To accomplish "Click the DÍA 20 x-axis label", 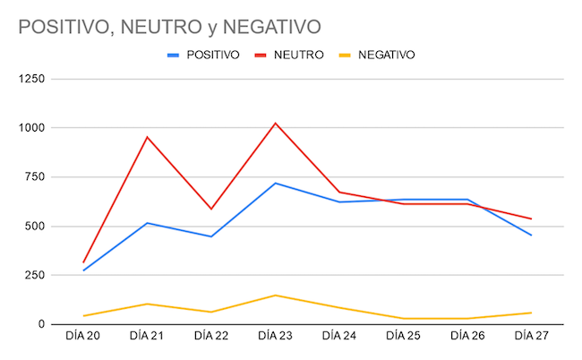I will click(x=83, y=337).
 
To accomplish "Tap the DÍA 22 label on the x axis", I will click(x=211, y=337).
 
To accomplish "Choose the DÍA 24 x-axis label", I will click(x=339, y=337).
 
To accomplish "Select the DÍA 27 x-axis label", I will click(x=531, y=337).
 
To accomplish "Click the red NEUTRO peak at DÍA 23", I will click(x=275, y=123).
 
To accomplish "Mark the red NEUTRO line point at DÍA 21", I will click(x=147, y=137).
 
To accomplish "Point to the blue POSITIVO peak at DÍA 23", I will click(x=275, y=183).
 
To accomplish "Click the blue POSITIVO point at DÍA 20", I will click(x=83, y=270).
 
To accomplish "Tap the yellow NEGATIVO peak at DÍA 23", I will click(x=275, y=295).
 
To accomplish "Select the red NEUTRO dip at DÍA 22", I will click(x=211, y=209).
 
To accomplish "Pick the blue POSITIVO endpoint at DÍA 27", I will click(x=531, y=236).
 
